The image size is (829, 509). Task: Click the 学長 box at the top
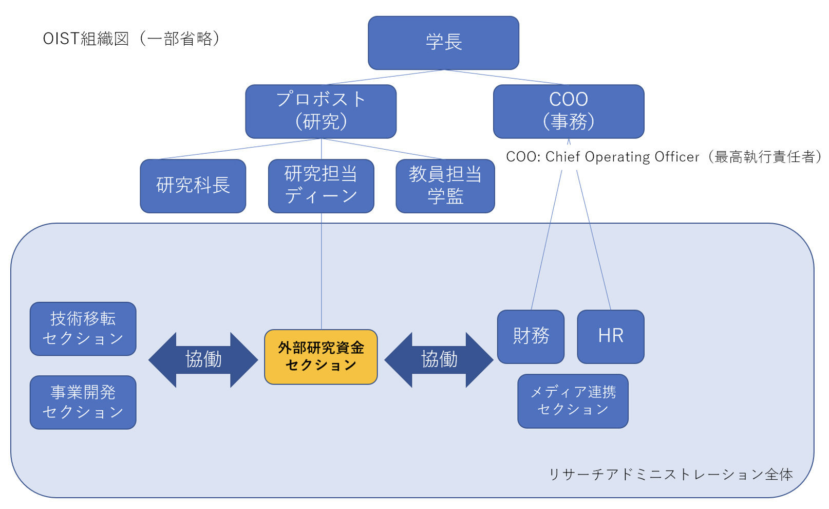(x=443, y=43)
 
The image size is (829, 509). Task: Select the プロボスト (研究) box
(x=321, y=111)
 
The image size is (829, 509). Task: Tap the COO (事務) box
(x=569, y=111)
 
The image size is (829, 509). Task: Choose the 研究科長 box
(x=193, y=186)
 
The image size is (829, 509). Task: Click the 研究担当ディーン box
(x=321, y=186)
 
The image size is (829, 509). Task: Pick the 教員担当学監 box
(x=445, y=186)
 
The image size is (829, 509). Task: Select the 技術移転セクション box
(x=83, y=329)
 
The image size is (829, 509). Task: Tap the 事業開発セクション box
(x=83, y=402)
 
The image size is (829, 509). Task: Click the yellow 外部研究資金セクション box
(x=321, y=357)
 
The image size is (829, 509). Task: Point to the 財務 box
(x=531, y=336)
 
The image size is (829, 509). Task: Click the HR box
(x=611, y=336)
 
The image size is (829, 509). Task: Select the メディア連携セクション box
(x=573, y=401)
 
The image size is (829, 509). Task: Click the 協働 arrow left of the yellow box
(x=203, y=360)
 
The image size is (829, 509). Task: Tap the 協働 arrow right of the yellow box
(x=439, y=360)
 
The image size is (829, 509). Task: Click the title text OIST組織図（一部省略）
(x=132, y=39)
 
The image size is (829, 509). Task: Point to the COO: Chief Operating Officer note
(x=663, y=157)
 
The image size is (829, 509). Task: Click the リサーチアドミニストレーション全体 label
(x=670, y=474)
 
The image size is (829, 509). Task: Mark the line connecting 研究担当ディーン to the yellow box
(x=321, y=271)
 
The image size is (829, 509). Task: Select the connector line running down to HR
(x=594, y=240)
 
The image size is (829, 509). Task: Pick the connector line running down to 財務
(x=547, y=240)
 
